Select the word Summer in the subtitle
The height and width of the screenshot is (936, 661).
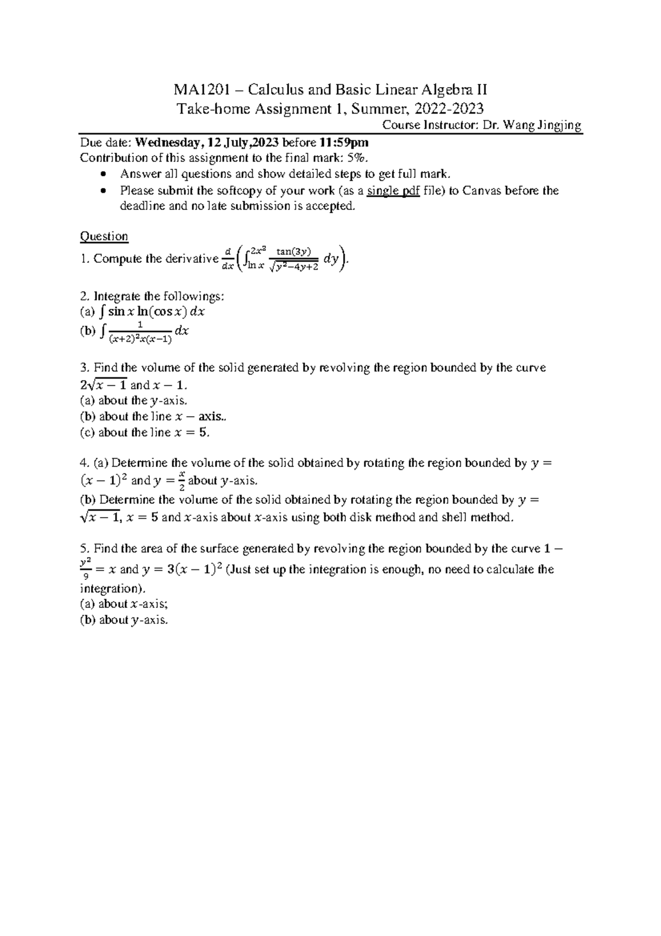pos(373,108)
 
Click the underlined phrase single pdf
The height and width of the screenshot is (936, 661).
pos(393,191)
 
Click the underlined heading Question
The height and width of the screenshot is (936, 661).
pos(104,236)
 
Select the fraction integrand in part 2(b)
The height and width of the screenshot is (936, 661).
pos(140,332)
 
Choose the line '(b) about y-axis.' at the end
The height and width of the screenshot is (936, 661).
pos(123,620)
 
